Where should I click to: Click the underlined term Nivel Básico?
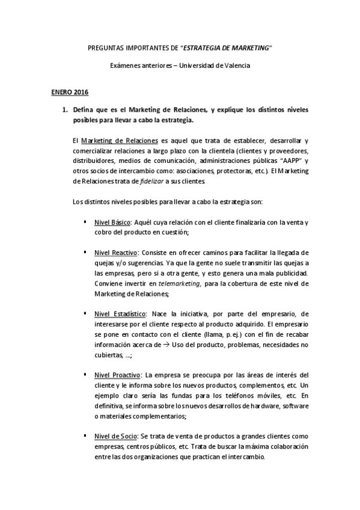tap(113, 223)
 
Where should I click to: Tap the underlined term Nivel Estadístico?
tap(120, 313)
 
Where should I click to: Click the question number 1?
tap(59, 110)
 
